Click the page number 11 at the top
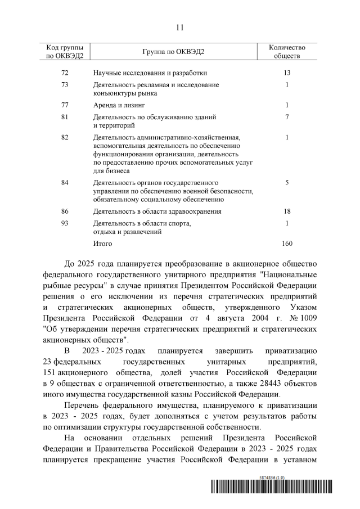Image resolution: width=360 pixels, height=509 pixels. (180, 26)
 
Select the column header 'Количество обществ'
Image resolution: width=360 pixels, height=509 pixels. (287, 52)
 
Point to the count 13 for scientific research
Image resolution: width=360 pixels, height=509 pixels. (287, 73)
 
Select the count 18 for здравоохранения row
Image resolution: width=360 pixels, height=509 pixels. (287, 211)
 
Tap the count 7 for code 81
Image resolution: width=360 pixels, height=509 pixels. (287, 116)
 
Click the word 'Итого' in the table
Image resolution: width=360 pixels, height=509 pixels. (103, 244)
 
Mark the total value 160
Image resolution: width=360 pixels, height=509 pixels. (287, 244)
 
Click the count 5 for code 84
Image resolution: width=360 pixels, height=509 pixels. (287, 183)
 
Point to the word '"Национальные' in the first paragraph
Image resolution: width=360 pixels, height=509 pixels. (289, 275)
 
